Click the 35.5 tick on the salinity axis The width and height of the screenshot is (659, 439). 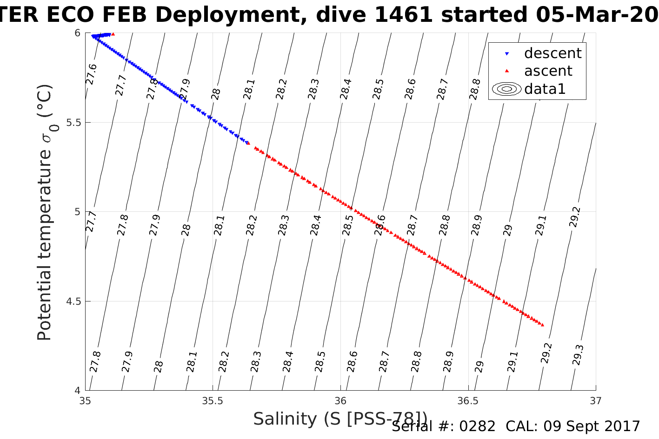[x=213, y=401]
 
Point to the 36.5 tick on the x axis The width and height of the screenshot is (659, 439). [x=468, y=401]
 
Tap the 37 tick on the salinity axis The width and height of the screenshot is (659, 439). [x=595, y=401]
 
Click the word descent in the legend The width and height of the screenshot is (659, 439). [x=552, y=53]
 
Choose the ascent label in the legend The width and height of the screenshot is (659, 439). [x=548, y=71]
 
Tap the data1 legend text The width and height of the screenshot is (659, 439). [x=545, y=89]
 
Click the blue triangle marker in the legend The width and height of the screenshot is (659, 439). [x=507, y=54]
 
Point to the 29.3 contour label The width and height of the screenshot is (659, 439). [x=578, y=355]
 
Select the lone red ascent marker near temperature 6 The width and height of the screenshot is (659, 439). [x=113, y=34]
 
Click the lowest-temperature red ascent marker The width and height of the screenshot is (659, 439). [x=542, y=325]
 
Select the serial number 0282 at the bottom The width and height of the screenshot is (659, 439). [x=477, y=426]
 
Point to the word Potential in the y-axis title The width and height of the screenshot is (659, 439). [x=44, y=304]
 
